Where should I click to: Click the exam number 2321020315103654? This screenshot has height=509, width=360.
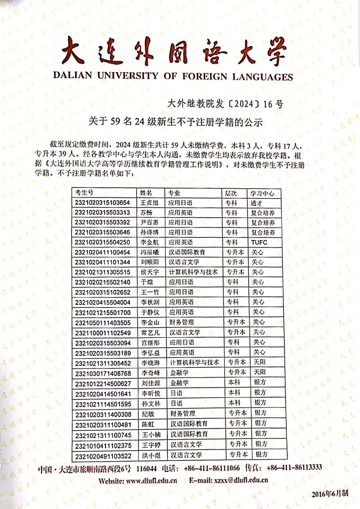coord(102,203)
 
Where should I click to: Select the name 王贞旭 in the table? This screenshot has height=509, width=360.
coord(149,203)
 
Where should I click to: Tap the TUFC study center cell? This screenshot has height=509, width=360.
coord(259,242)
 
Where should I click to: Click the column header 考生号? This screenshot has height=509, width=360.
coord(84,193)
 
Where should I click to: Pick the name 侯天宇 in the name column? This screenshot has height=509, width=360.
coord(150,272)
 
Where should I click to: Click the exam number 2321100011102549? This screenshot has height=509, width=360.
coord(103,332)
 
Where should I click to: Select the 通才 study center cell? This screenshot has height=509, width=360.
coord(256,203)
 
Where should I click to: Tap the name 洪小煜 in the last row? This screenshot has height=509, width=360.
coord(151,455)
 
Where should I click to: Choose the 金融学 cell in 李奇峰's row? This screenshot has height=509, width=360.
coord(179,372)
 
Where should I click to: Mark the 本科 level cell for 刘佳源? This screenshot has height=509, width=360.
coord(234,382)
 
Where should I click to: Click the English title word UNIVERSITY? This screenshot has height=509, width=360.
coord(128,76)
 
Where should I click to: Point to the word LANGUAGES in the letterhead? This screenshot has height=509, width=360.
coord(262,77)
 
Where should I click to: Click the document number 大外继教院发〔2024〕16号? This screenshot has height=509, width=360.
coord(225,104)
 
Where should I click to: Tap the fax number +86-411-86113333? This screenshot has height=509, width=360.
coord(294,467)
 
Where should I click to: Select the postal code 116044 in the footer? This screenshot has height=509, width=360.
coord(146,468)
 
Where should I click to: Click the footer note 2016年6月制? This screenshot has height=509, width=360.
coord(330,493)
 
